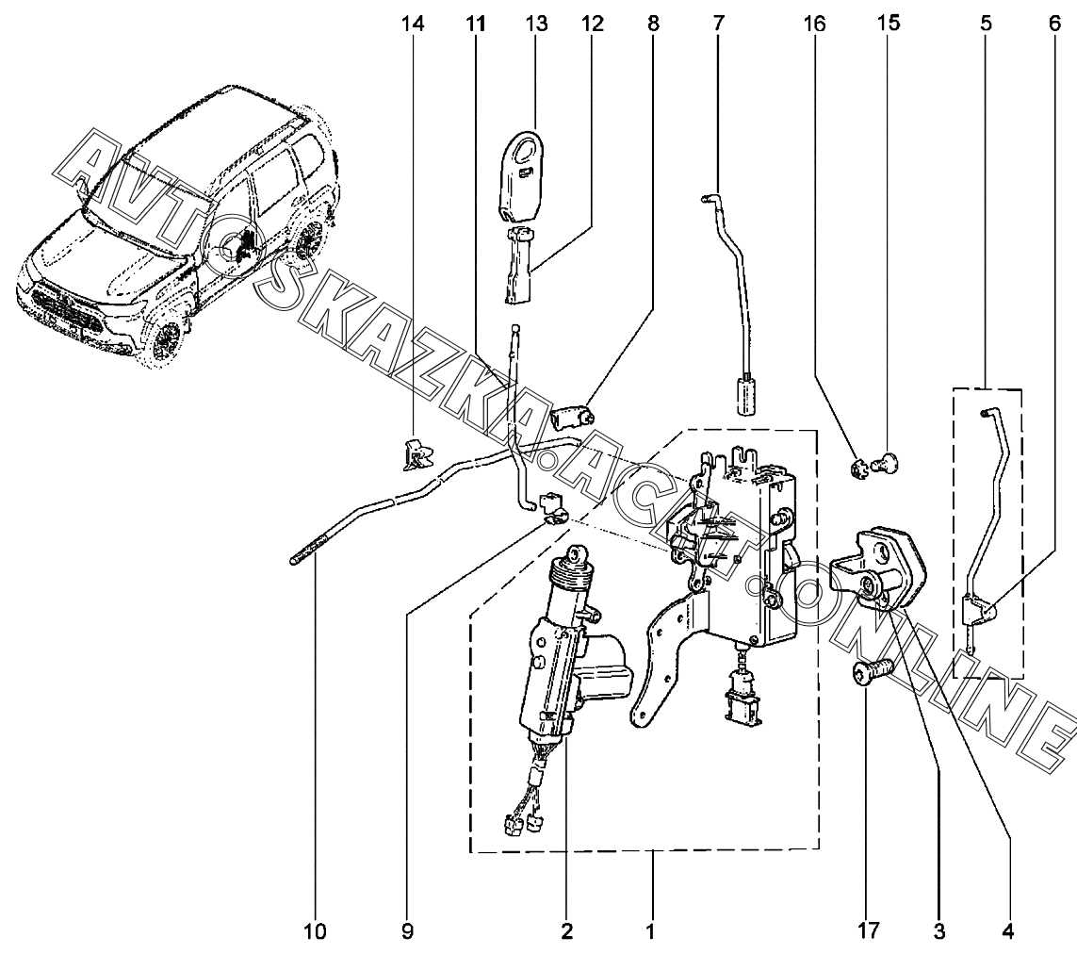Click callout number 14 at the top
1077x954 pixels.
(413, 24)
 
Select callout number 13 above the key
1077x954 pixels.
(536, 24)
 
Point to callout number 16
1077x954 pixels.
(815, 24)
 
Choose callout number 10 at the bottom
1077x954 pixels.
(315, 932)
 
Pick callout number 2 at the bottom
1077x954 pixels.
(566, 932)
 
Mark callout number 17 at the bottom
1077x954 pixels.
(868, 932)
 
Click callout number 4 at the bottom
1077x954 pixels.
(1007, 932)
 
